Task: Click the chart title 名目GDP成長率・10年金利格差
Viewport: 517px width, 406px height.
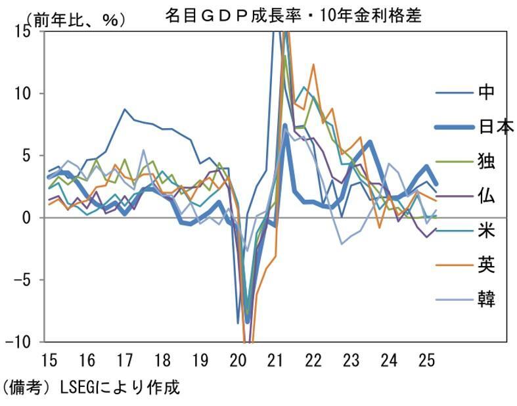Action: click(x=293, y=16)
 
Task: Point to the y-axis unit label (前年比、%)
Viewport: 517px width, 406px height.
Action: click(x=66, y=20)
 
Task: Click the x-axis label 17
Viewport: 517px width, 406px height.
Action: click(x=124, y=360)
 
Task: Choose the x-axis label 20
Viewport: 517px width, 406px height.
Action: click(x=238, y=360)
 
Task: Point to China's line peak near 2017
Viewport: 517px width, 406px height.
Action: click(x=125, y=109)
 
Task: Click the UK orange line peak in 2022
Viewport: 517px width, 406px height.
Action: click(x=313, y=64)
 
